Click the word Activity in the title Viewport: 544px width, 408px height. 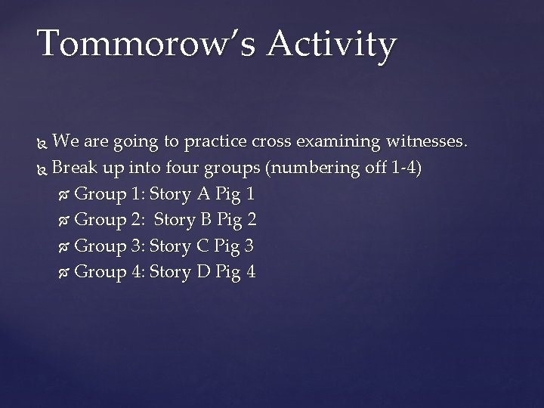click(x=331, y=45)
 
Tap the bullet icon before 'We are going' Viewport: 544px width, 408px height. click(x=42, y=141)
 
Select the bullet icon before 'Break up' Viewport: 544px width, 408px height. click(x=42, y=168)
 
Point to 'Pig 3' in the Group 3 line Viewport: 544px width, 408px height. click(x=235, y=245)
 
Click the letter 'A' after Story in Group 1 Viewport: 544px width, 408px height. click(x=202, y=193)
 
